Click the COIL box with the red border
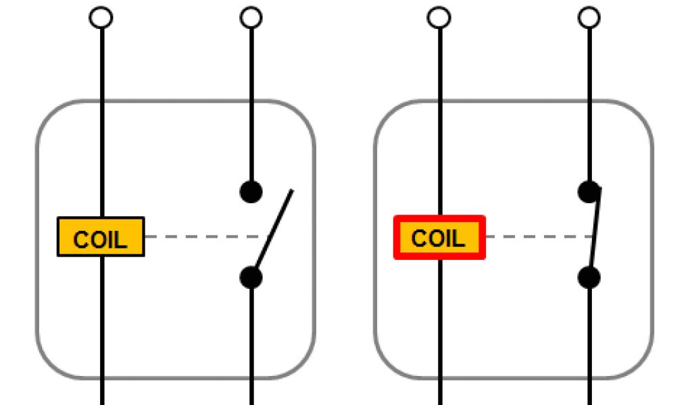(x=439, y=237)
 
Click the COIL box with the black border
(x=101, y=237)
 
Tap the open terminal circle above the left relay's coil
(x=101, y=18)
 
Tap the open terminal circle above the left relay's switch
(x=251, y=18)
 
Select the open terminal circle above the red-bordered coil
(x=439, y=18)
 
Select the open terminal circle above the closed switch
(x=590, y=18)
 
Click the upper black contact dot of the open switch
(x=251, y=192)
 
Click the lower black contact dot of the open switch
(x=251, y=277)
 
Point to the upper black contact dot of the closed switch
(x=589, y=192)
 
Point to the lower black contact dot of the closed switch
(x=589, y=277)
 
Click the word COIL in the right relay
(x=439, y=239)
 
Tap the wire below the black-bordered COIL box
(x=102, y=324)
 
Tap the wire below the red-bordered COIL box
(x=440, y=324)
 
